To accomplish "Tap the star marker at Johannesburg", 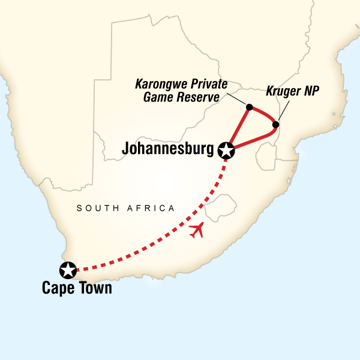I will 227,151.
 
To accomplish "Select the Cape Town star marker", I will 69,270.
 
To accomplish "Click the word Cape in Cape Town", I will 58,289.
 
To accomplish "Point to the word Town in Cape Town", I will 94,289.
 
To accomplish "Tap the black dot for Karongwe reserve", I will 248,108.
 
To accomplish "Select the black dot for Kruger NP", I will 275,125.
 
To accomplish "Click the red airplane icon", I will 197,230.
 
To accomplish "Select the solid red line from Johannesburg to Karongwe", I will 238,128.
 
